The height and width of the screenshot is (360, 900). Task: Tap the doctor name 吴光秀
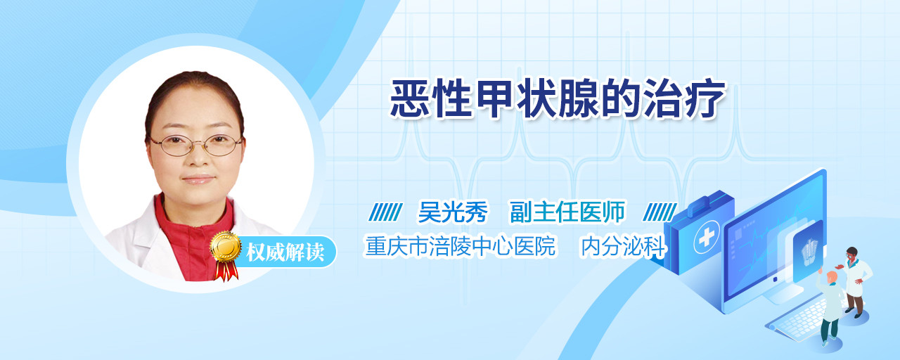[453, 212]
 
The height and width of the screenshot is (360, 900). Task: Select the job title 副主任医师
[567, 212]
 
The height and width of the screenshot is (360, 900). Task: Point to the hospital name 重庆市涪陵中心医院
[460, 246]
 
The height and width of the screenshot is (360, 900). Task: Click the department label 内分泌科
[623, 246]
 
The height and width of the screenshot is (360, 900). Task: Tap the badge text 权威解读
[285, 252]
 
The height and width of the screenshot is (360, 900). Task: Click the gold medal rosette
[226, 246]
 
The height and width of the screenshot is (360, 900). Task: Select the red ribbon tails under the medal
[226, 271]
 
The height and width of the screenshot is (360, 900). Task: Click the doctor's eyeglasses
[195, 145]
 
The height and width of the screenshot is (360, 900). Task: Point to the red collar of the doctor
[193, 237]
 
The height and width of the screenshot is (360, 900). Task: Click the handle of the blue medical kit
[708, 204]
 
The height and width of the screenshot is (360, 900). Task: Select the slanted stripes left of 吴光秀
[385, 212]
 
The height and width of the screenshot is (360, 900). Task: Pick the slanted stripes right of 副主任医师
[660, 212]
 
